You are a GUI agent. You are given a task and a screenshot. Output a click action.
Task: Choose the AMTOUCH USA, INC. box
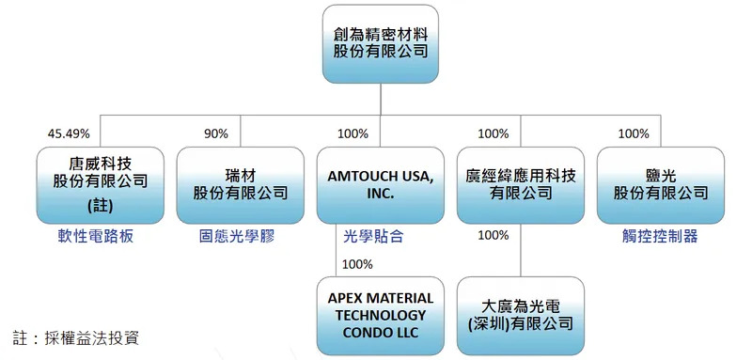pos(380,183)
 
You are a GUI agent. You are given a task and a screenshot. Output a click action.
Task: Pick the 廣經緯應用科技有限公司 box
pos(521,183)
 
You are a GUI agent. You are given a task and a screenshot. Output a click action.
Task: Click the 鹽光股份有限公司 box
pos(661,183)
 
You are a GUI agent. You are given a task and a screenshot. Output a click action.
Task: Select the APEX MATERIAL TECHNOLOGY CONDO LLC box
pos(380,315)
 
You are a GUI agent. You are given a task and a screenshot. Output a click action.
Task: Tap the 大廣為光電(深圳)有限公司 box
pos(521,315)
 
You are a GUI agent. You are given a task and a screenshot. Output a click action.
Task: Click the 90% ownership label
pos(216,133)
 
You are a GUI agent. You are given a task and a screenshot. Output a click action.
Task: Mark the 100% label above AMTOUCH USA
pos(353,133)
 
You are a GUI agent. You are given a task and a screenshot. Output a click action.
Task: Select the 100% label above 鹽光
pos(634,133)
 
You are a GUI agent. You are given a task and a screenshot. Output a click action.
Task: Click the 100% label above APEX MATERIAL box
pos(357,264)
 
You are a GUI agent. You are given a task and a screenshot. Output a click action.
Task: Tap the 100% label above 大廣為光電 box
pos(493,235)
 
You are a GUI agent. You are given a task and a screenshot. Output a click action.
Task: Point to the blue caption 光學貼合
pos(373,237)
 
